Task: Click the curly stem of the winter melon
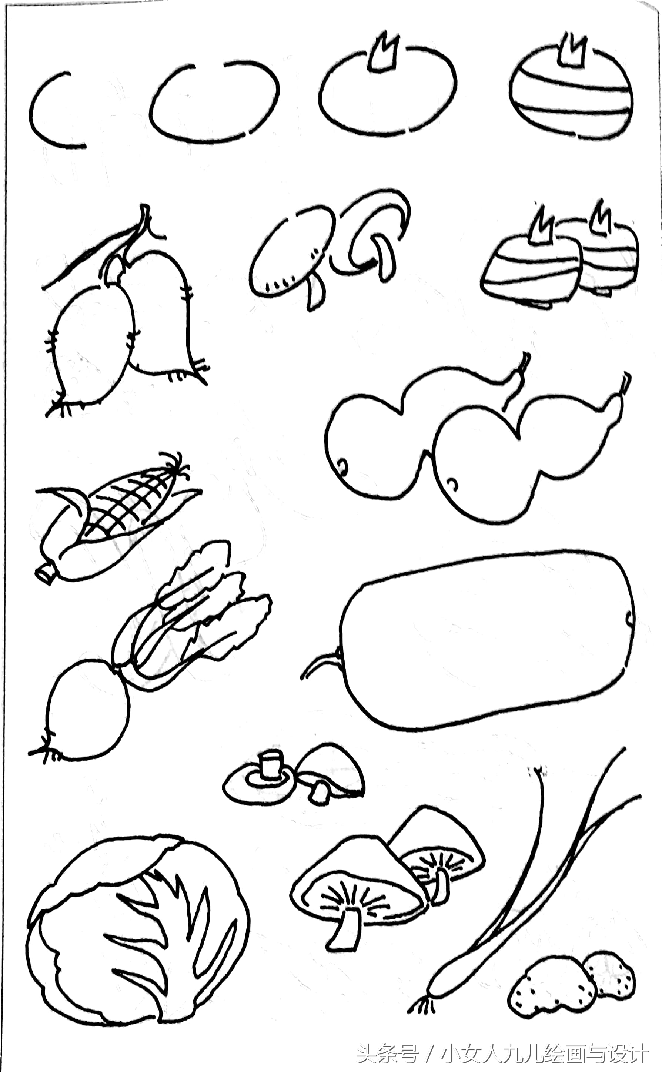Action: click(x=320, y=665)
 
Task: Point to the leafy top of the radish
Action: click(x=193, y=613)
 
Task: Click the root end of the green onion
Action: click(x=422, y=1007)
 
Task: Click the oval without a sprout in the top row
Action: click(x=214, y=103)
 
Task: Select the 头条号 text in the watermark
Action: click(x=388, y=1055)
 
